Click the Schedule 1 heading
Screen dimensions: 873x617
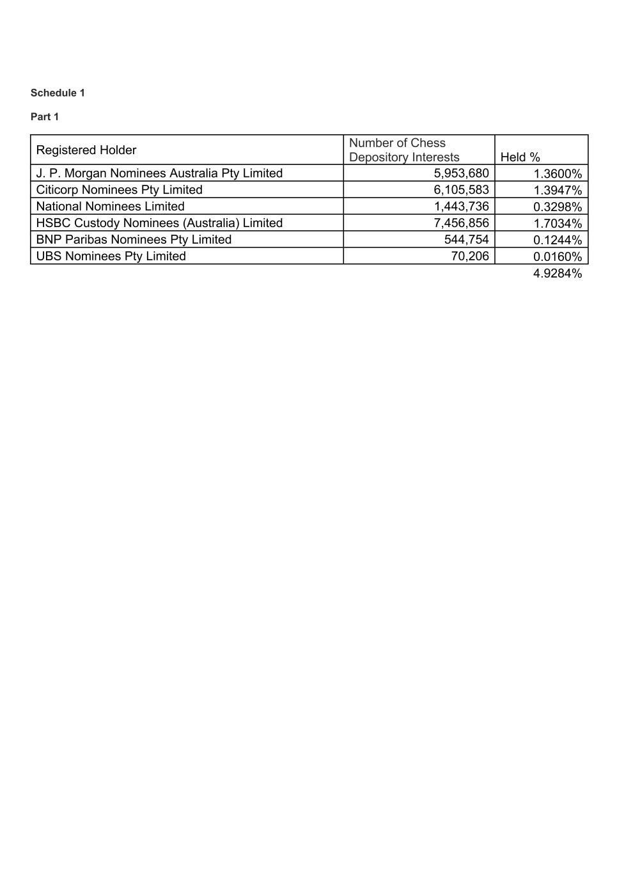58,93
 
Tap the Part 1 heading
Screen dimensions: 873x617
45,117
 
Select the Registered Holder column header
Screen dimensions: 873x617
86,150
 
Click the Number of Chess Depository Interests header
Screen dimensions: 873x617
404,150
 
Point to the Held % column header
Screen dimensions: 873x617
520,157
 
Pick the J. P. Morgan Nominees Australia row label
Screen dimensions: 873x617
159,173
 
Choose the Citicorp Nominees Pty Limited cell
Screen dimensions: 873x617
120,190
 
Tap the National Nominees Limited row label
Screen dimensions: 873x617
111,207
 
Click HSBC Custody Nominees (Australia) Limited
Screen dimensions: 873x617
159,223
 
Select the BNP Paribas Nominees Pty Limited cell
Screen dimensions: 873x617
134,240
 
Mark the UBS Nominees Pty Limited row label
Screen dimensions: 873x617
111,256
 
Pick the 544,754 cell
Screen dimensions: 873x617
466,240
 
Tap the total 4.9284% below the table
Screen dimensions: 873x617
558,274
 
